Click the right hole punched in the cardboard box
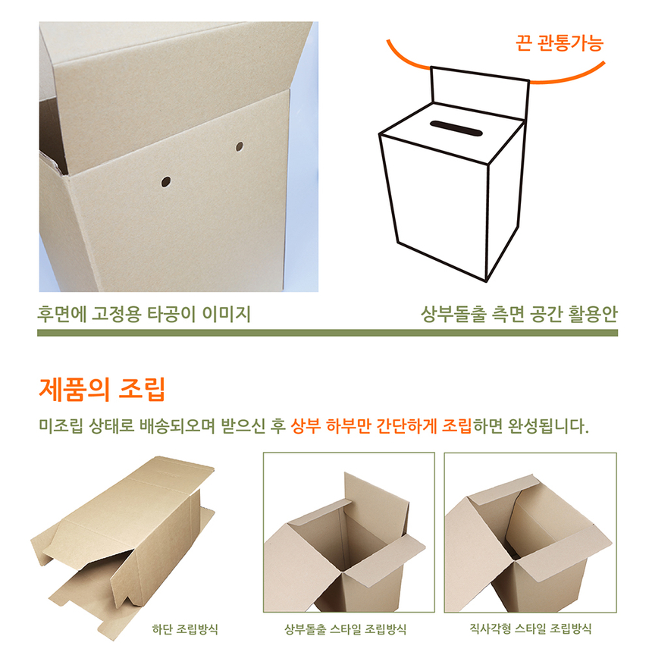pos(239,145)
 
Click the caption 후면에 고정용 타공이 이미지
pos(144,314)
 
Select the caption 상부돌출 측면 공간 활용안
pos(519,314)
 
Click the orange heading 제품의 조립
pos(102,390)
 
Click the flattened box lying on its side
pos(129,538)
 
